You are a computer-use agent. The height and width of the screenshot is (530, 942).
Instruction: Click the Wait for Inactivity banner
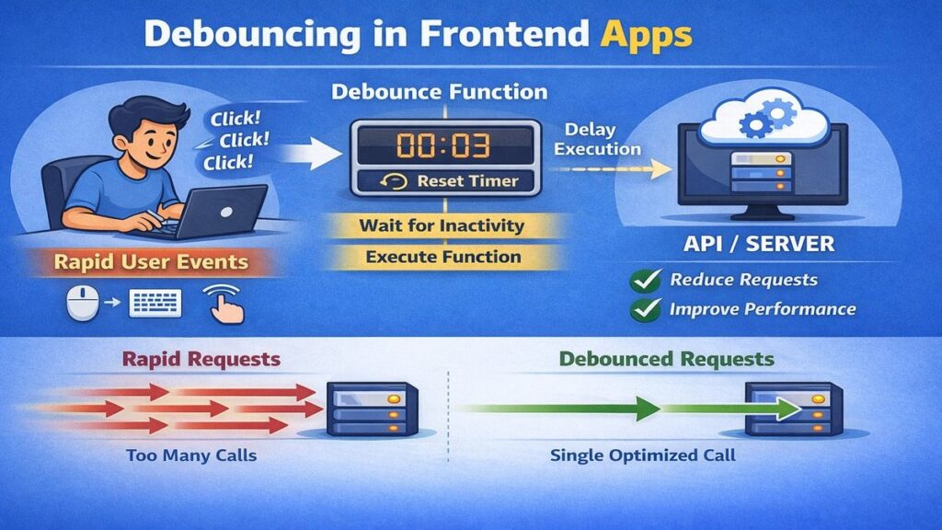(442, 225)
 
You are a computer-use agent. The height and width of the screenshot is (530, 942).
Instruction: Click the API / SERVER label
(761, 244)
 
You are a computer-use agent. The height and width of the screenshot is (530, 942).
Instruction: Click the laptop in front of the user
(216, 210)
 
